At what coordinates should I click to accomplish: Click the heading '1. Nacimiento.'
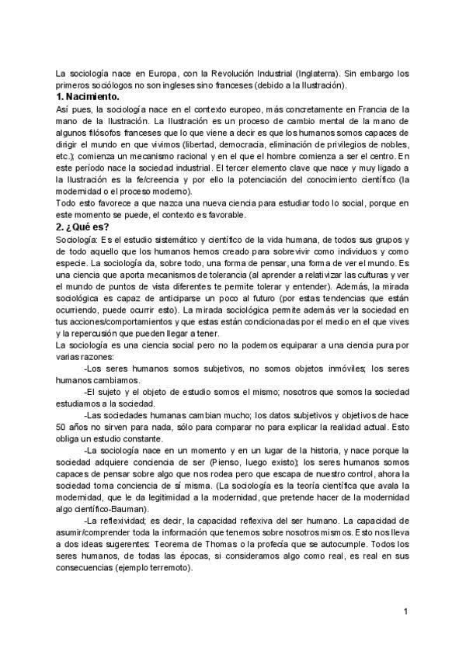pos(88,97)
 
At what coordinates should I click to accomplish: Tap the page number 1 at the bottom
pos(405,612)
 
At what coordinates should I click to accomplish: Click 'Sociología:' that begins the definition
pos(76,240)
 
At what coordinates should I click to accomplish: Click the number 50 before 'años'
pos(61,427)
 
